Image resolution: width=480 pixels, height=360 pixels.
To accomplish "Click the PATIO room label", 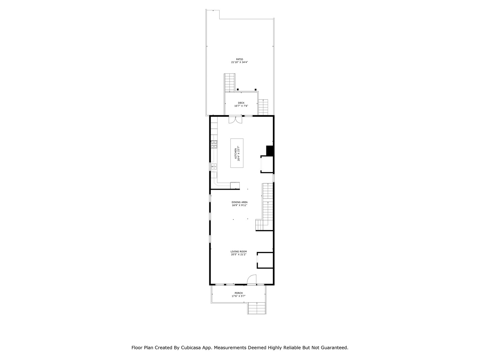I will pyautogui.click(x=239, y=59).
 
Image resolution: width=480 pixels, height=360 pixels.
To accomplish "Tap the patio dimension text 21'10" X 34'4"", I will pyautogui.click(x=239, y=62).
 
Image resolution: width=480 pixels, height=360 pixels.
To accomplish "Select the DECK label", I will pyautogui.click(x=241, y=103).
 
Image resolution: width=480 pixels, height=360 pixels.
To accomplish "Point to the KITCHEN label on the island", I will pyautogui.click(x=235, y=153).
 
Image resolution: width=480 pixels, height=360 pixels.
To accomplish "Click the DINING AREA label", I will pyautogui.click(x=240, y=202).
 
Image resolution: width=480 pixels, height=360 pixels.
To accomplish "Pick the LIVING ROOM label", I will pyautogui.click(x=239, y=252).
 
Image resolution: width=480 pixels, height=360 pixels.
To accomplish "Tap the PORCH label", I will pyautogui.click(x=239, y=293).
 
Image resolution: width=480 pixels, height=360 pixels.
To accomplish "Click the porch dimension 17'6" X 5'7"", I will pyautogui.click(x=239, y=296).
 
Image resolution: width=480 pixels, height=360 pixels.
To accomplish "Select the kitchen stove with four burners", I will pyautogui.click(x=214, y=144).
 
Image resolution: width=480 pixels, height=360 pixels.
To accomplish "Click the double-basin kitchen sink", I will pyautogui.click(x=213, y=167).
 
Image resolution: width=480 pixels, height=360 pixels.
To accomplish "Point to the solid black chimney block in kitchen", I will pyautogui.click(x=270, y=151).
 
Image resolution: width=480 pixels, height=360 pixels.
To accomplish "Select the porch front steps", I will pyautogui.click(x=257, y=308).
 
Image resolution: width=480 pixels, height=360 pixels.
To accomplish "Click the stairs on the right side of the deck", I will pyautogui.click(x=263, y=107).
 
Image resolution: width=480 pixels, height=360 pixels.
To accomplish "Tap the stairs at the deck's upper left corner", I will pyautogui.click(x=230, y=83).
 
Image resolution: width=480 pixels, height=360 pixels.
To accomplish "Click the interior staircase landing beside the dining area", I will pyautogui.click(x=260, y=225).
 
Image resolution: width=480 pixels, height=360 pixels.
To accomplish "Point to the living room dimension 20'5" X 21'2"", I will pyautogui.click(x=239, y=255).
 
